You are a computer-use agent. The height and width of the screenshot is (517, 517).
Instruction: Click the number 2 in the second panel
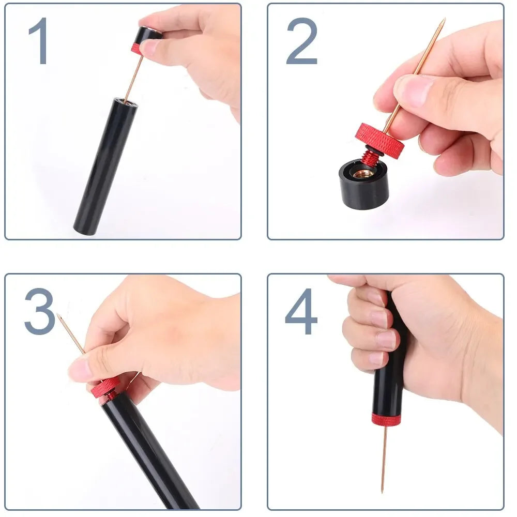[x=301, y=41]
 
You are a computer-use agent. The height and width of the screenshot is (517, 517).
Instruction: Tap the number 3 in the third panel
[x=39, y=311]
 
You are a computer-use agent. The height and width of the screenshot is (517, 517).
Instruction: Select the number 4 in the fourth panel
[x=301, y=311]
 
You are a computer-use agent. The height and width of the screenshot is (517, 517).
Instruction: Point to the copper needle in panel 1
[x=133, y=78]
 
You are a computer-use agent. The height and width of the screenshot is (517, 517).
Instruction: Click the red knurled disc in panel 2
[x=380, y=140]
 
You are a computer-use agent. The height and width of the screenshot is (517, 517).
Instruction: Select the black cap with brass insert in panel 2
[x=363, y=186]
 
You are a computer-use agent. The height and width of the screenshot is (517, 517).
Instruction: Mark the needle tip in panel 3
[x=58, y=316]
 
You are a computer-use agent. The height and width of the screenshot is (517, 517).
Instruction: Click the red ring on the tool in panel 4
[x=386, y=419]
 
